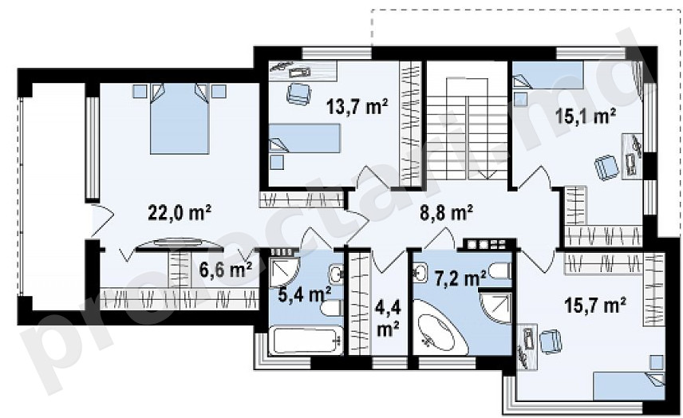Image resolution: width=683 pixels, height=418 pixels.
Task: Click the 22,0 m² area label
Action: [180, 213]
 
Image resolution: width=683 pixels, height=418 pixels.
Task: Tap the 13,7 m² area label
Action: [357, 106]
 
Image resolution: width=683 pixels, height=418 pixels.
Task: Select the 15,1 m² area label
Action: [586, 116]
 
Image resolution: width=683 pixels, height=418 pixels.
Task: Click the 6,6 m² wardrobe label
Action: [226, 270]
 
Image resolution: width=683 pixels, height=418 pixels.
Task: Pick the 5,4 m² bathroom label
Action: [305, 294]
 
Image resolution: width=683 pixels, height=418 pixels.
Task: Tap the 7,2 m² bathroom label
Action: [461, 278]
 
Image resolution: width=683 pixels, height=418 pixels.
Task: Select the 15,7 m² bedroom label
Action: [595, 305]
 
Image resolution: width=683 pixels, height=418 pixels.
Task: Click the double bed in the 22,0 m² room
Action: [180, 118]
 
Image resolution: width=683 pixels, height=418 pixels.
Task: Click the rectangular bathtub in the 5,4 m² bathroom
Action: [306, 341]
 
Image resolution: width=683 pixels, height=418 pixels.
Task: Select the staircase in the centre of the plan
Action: [467, 126]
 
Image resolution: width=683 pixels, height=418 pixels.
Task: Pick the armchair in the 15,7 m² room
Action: [550, 341]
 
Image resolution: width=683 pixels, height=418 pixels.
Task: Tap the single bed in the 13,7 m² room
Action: [304, 138]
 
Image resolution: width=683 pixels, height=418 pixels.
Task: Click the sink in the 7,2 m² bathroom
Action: [420, 274]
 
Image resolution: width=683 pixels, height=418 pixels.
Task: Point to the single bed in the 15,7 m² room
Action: [629, 386]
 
